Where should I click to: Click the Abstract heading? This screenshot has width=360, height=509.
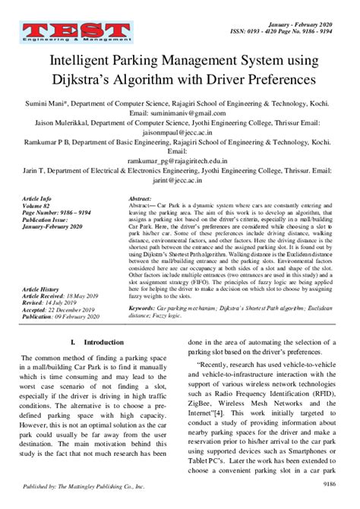click(x=143, y=197)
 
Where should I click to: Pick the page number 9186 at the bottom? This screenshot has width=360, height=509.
click(x=329, y=482)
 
